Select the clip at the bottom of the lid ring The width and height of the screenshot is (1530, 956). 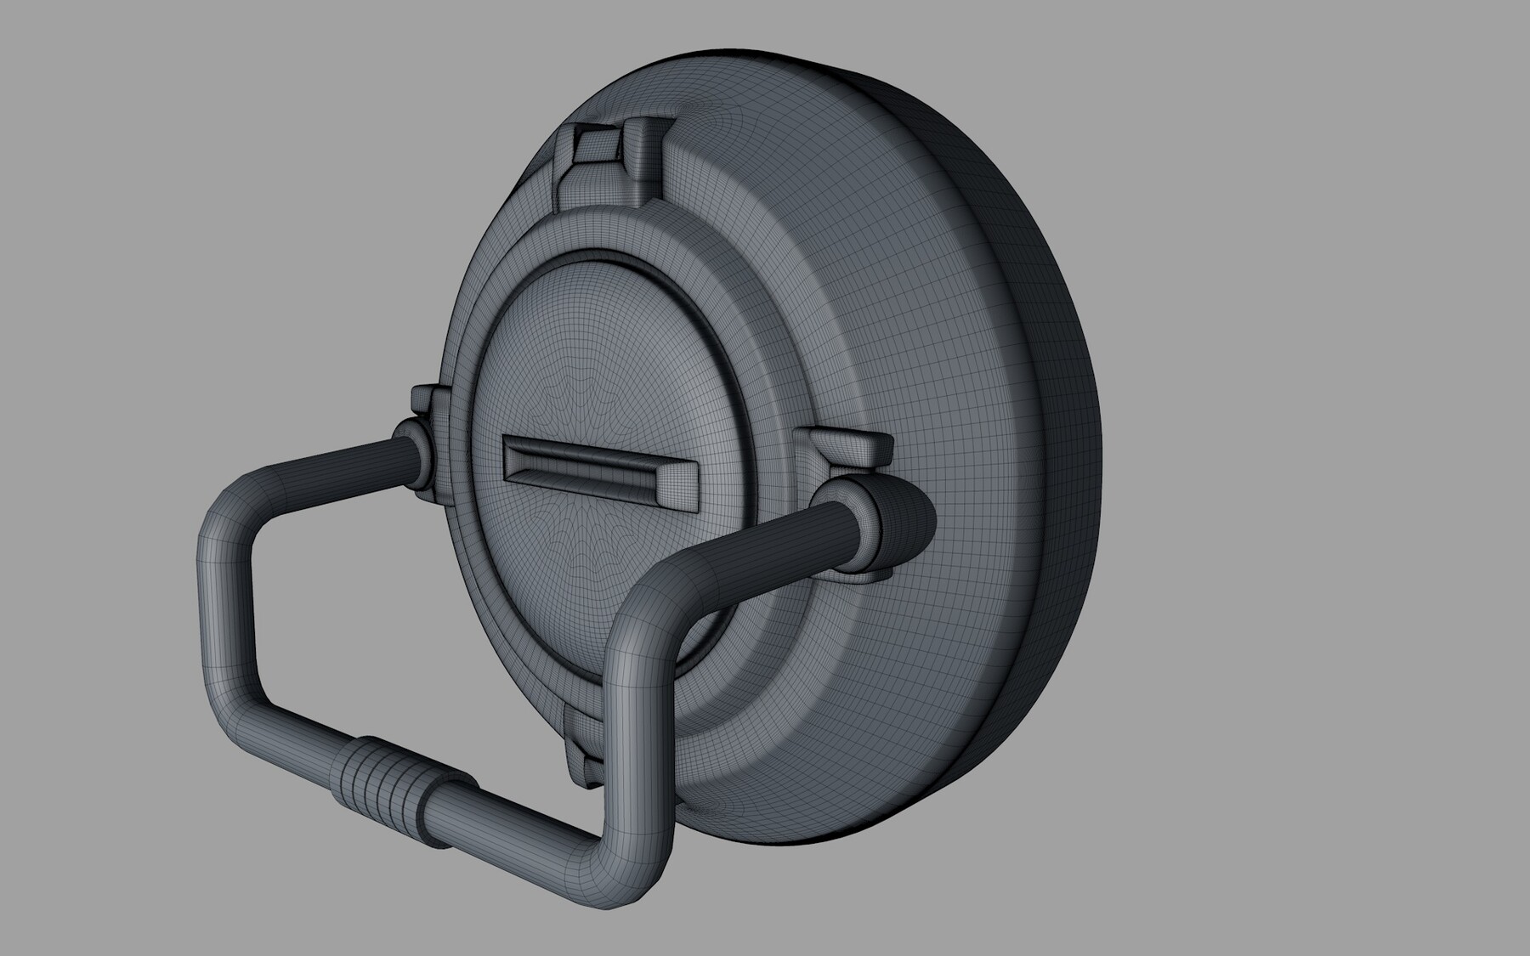tap(586, 748)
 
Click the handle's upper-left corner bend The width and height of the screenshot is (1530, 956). tap(229, 510)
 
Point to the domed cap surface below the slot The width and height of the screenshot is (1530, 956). tap(595, 578)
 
